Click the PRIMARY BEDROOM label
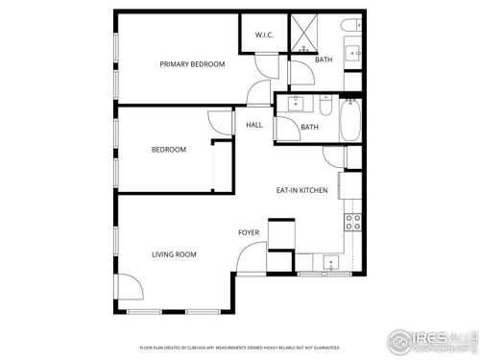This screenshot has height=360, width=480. (192, 64)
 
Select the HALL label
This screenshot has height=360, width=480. (254, 125)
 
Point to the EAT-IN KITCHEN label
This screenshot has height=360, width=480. (302, 190)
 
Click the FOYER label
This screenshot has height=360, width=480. (249, 233)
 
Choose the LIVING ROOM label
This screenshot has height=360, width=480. (174, 254)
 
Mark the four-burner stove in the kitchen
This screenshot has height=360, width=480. (352, 223)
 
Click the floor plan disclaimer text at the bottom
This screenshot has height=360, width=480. (240, 347)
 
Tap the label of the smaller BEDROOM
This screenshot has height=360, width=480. (168, 150)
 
